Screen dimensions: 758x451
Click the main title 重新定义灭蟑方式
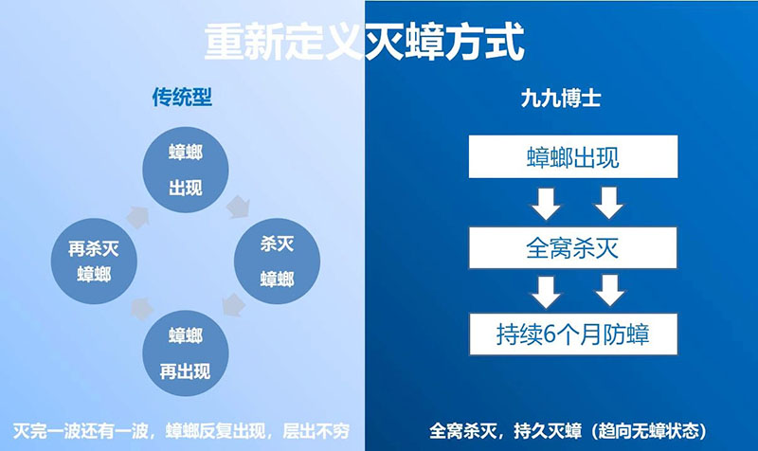point(365,42)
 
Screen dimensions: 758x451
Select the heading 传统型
point(182,98)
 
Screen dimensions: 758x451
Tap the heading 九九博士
point(561,99)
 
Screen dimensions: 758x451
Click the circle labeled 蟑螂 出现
point(186,170)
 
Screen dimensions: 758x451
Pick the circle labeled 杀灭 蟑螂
point(277,262)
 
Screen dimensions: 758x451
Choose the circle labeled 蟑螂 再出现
point(186,352)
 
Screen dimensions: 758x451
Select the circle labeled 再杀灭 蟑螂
point(94,262)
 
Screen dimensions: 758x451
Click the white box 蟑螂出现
point(573,156)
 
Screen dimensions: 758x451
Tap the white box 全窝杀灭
point(573,247)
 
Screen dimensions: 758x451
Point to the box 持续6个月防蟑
point(573,334)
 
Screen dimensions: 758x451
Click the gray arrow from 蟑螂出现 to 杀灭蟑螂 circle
point(239,207)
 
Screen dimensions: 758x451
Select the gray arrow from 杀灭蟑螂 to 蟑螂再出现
point(234,305)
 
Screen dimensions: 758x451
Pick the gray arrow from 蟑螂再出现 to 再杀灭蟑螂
point(142,310)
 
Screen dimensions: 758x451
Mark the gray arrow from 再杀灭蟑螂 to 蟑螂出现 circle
point(138,217)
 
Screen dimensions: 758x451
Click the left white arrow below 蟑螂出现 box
point(546,204)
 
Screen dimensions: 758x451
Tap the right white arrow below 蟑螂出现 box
point(608,204)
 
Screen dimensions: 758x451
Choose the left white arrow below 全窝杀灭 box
point(547,292)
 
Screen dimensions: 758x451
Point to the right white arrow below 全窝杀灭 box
point(609,291)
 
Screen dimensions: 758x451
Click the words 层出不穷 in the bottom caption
point(316,431)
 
